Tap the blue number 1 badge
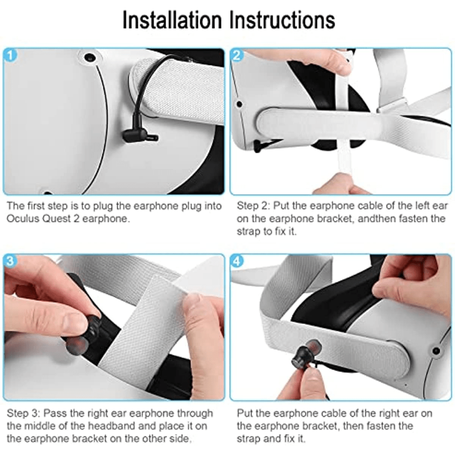[x=10, y=55]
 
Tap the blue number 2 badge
[x=237, y=55]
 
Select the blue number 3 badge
[x=10, y=261]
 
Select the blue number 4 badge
[x=237, y=261]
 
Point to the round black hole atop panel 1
[x=90, y=57]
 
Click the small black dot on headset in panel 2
[x=239, y=104]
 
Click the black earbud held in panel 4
[x=303, y=354]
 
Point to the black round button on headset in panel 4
[x=436, y=351]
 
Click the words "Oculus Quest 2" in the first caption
[x=43, y=218]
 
